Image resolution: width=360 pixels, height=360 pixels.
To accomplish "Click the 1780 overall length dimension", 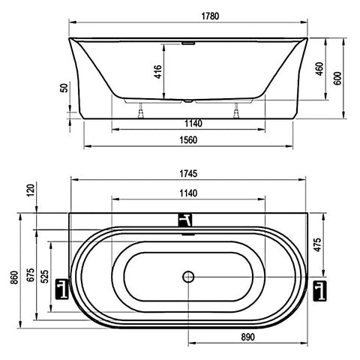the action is tap(210, 16).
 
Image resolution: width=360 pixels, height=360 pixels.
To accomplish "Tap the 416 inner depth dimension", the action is tap(158, 72).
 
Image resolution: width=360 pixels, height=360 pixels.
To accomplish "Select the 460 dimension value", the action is tap(319, 69).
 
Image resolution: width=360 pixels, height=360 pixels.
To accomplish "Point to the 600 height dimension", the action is tap(337, 78).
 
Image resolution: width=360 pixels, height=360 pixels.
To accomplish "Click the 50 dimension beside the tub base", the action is tap(64, 88).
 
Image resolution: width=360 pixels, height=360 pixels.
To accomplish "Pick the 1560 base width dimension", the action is tap(188, 140).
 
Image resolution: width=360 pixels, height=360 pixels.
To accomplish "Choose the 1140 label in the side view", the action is tap(193, 124).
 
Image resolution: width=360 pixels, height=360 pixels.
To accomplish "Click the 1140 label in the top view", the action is tap(188, 193).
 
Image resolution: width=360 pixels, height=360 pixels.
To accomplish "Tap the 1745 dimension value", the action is tap(188, 173).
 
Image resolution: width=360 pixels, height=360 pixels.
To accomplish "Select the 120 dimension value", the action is tap(31, 190).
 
